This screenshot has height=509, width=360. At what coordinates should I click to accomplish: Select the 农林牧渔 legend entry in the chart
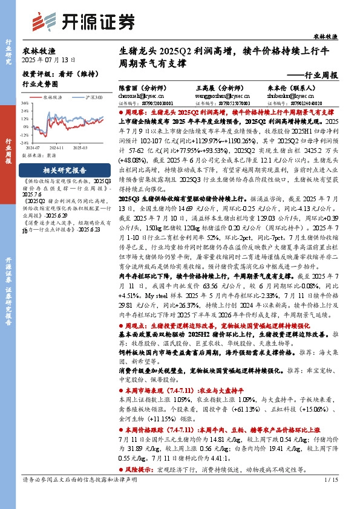coord(51,97)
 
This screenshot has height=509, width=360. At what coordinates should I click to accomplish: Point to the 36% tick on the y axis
coord(25,103)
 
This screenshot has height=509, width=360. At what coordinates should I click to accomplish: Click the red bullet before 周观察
coord(120,112)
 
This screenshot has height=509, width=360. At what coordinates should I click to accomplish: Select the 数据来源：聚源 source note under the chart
coord(39,155)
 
